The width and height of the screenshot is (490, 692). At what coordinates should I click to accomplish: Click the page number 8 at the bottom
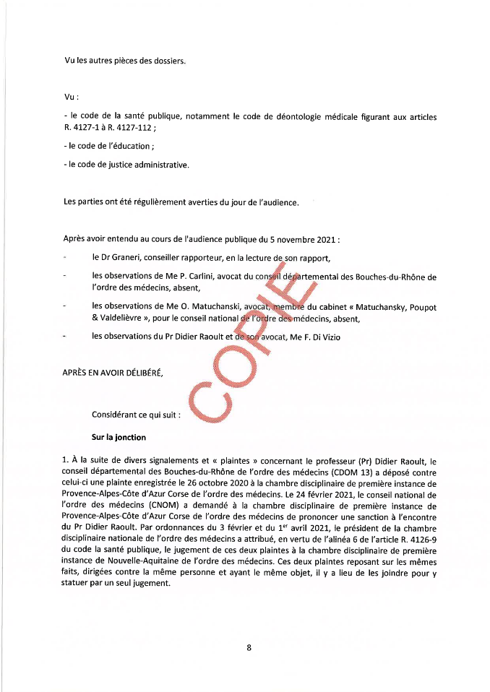pyautogui.click(x=249, y=648)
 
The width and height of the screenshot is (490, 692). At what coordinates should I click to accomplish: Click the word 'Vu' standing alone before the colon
pyautogui.click(x=69, y=96)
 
